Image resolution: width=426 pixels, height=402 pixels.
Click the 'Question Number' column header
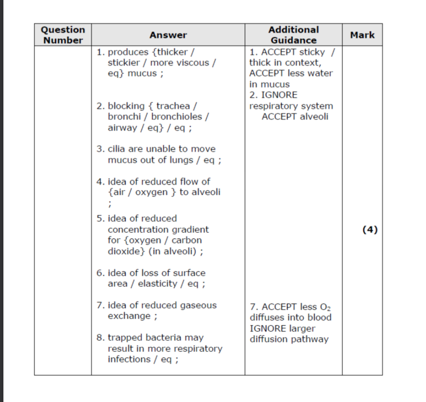tap(63, 35)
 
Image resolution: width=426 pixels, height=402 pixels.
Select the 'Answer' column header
tap(168, 35)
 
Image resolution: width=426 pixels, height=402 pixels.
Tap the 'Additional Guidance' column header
tap(293, 35)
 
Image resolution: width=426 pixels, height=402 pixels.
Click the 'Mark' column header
tap(362, 35)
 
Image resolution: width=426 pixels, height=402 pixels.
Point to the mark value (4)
tap(370, 229)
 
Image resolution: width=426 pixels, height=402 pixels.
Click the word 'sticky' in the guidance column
tap(312, 52)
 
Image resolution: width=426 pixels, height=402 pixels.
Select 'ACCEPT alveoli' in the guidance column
tap(294, 117)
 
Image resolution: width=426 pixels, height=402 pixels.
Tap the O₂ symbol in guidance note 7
tap(326, 307)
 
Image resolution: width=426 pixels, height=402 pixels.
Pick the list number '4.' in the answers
tap(100, 182)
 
